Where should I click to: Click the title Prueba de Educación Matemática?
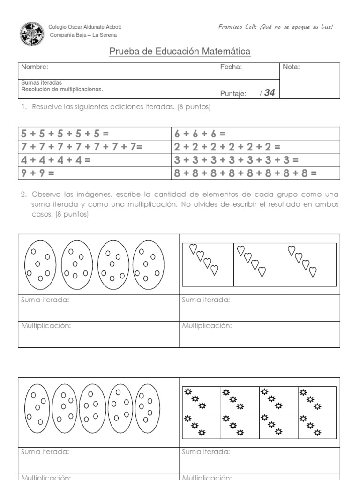click(180, 52)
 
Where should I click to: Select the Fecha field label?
click(231, 67)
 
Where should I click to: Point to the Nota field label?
click(292, 67)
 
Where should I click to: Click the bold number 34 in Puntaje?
click(270, 93)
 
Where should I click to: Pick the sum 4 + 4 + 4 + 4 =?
click(56, 160)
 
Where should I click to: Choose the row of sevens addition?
click(82, 147)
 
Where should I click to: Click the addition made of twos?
click(227, 147)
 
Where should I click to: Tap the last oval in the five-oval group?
click(148, 405)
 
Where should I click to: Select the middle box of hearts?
click(259, 264)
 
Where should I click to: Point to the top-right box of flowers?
click(317, 399)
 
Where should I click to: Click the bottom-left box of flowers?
click(201, 426)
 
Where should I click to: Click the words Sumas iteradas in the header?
click(42, 82)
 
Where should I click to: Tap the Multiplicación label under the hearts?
click(207, 326)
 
